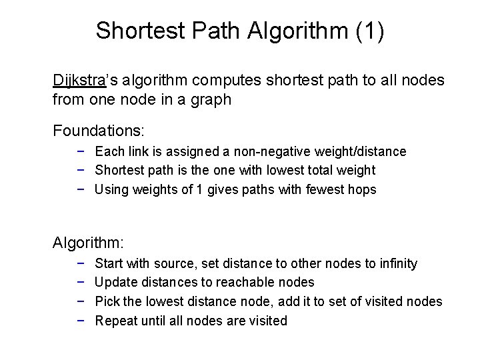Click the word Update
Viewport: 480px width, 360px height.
pos(117,283)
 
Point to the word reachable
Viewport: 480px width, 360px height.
pos(251,283)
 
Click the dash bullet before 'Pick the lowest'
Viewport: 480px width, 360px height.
pos(80,301)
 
